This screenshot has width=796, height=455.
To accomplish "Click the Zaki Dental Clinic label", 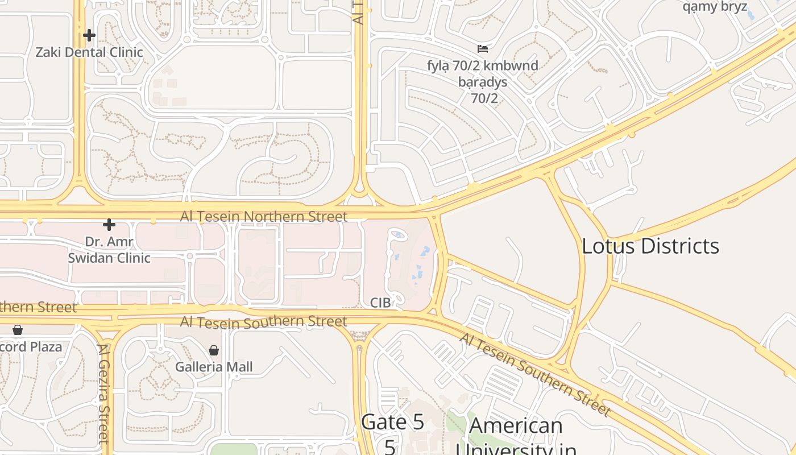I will click(x=89, y=52).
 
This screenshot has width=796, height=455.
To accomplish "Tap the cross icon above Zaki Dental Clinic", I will click(x=89, y=35).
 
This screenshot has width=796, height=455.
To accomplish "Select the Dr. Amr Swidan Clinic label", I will click(x=109, y=250).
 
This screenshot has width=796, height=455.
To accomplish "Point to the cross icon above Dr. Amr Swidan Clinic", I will click(x=109, y=225).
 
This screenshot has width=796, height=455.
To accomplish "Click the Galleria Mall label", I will click(x=214, y=367).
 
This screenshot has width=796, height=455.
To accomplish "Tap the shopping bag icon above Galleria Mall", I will click(x=214, y=350).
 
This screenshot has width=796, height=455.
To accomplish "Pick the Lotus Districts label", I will click(x=650, y=246).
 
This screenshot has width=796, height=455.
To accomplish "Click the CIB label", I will click(x=380, y=303).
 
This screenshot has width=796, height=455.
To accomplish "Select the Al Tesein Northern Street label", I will click(x=263, y=217).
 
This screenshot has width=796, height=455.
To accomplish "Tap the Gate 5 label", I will click(x=393, y=423).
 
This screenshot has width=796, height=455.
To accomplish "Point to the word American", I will click(x=516, y=425).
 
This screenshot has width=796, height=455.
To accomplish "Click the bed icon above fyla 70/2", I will click(x=483, y=49).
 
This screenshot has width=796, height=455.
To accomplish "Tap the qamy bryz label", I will click(x=715, y=7).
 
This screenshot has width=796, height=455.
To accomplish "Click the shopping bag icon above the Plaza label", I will click(x=18, y=330).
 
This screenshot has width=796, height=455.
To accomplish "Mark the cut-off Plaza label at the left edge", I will click(x=31, y=347).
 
